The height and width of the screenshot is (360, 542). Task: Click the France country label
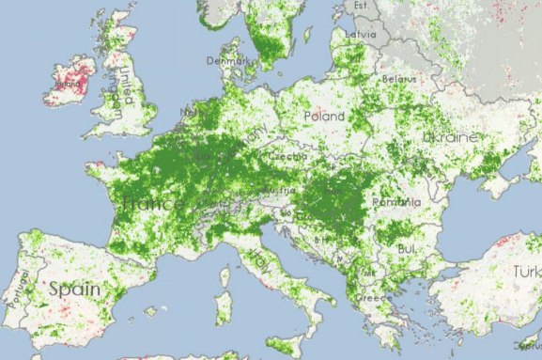click(153, 204)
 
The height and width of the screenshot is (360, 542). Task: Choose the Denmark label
click(230, 61)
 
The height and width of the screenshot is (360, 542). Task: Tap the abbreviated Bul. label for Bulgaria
click(407, 248)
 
